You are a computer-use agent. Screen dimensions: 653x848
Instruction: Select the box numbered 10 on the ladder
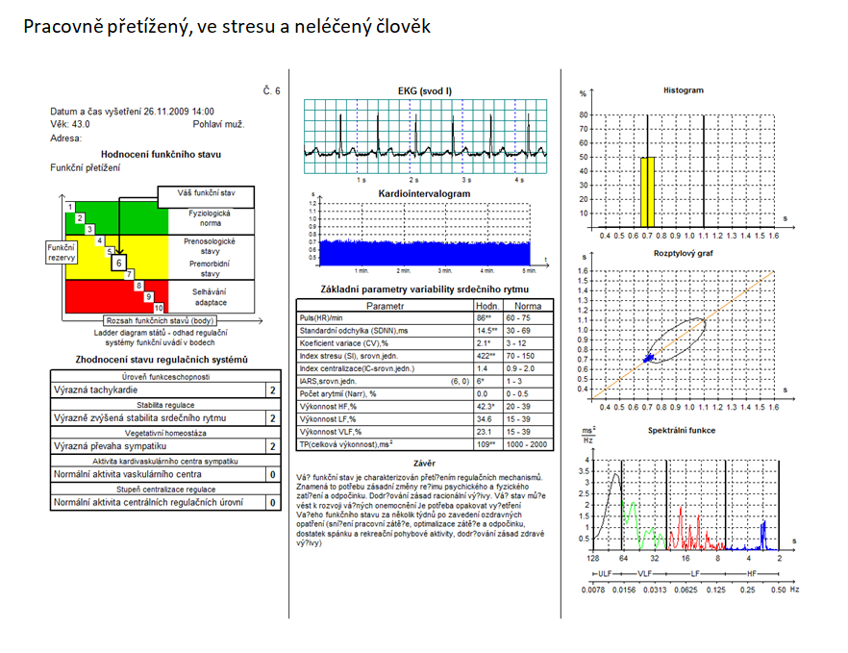159,306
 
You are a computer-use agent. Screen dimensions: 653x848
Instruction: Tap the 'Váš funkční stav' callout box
205,193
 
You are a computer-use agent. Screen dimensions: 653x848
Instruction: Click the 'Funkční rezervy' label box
62,252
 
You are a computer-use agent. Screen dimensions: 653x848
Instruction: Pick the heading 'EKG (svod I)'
424,89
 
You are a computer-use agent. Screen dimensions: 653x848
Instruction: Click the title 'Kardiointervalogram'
424,192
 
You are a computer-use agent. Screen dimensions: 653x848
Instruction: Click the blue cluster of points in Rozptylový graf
650,357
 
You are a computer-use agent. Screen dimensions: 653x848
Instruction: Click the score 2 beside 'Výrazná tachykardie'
272,390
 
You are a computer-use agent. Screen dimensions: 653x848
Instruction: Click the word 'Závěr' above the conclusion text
424,463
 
